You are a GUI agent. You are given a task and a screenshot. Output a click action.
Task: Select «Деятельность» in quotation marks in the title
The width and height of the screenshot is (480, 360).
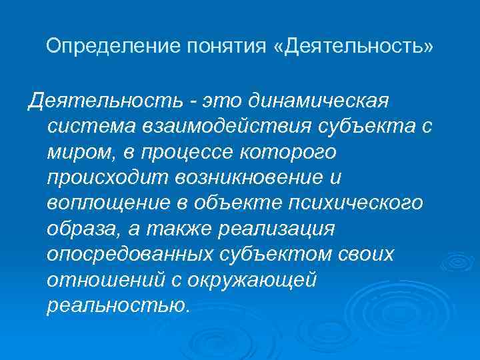[x=354, y=47]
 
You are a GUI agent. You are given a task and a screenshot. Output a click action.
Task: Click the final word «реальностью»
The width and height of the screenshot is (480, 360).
[x=118, y=305]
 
